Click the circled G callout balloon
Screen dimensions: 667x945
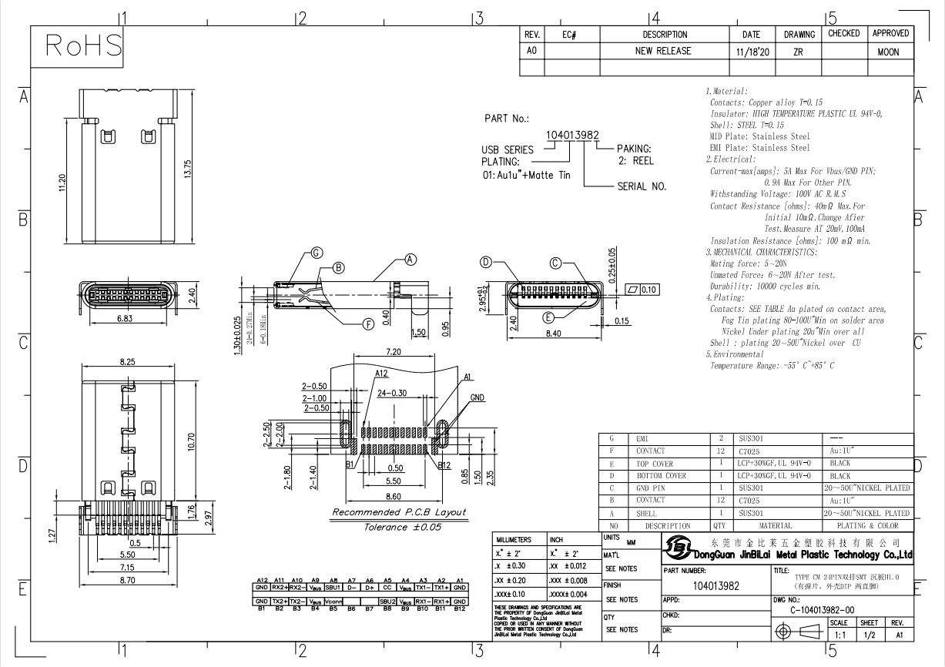[x=317, y=253]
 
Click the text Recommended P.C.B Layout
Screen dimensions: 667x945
[x=398, y=512]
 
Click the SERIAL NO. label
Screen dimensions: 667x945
[x=642, y=186]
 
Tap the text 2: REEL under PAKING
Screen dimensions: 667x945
[x=635, y=162]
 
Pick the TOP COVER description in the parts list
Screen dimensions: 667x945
[x=655, y=464]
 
